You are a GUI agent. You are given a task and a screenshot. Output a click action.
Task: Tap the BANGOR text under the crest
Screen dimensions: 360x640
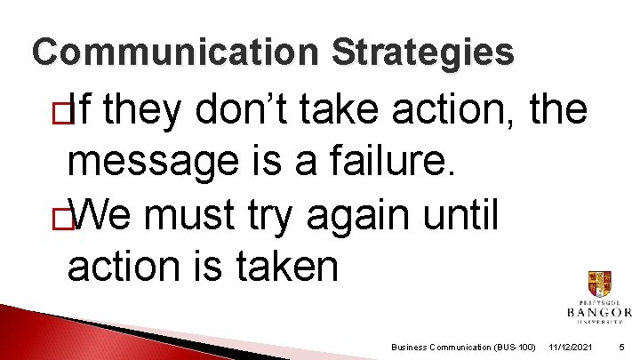599,312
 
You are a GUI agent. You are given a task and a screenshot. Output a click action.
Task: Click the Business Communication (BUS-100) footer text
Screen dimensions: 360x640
463,346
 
